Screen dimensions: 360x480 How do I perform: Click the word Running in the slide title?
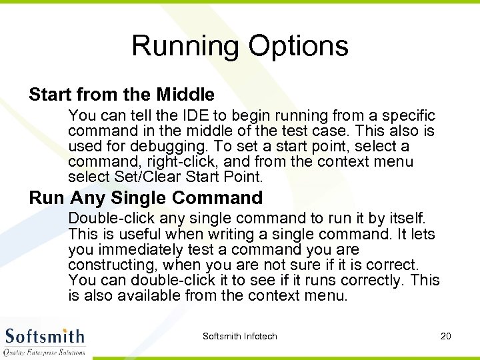186,46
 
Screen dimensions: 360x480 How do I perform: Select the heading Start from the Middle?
121,95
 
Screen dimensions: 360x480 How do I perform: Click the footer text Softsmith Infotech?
239,336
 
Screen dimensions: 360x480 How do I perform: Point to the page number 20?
446,336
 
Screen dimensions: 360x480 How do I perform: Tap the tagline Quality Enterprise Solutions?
44,352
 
